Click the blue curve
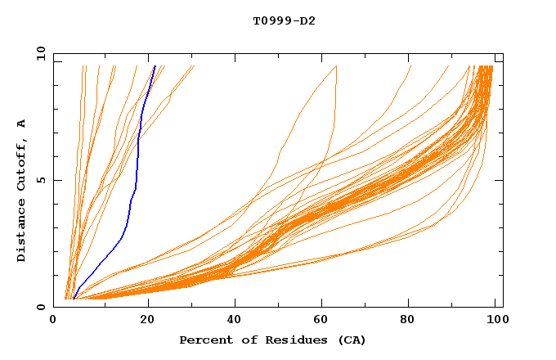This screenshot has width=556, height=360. point(137,164)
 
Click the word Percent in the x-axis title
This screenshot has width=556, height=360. point(204,340)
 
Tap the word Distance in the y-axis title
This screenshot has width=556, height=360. point(21,232)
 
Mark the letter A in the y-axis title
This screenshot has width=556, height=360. point(21,124)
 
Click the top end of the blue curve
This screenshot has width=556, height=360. point(155,66)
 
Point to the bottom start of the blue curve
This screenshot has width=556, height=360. point(74,299)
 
